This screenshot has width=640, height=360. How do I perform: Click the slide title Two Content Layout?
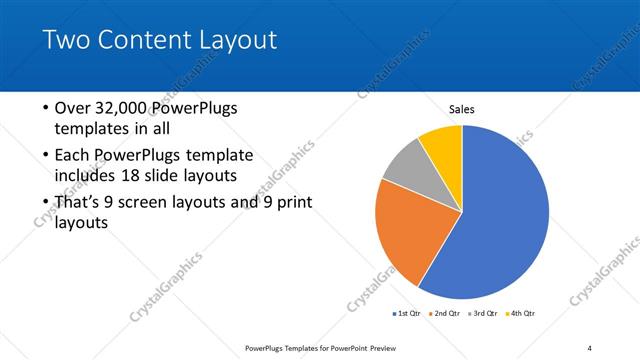pyautogui.click(x=160, y=41)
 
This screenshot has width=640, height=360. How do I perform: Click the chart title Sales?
pyautogui.click(x=461, y=109)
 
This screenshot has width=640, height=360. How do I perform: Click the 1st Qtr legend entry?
pyautogui.click(x=409, y=314)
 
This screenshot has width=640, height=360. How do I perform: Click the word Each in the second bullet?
pyautogui.click(x=74, y=156)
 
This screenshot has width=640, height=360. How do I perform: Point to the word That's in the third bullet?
pyautogui.click(x=81, y=203)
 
